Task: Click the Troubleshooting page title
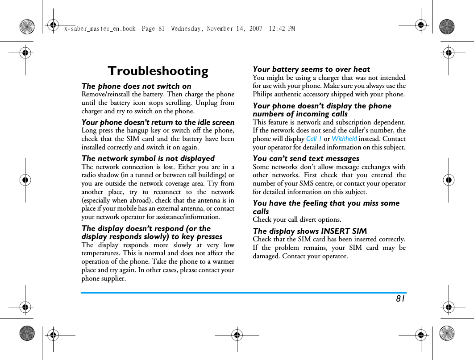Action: pos(158,71)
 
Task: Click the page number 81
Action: pos(400,298)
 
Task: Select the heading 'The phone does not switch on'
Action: pos(136,86)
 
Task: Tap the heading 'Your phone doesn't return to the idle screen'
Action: pos(158,122)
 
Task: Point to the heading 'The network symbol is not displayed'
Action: pos(148,158)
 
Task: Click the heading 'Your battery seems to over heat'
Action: pos(311,69)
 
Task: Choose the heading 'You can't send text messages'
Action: pos(306,158)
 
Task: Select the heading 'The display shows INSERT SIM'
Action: pos(310,231)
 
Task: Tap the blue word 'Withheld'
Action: pos(344,139)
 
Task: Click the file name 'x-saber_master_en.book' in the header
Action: pos(100,29)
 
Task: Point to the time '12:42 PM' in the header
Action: pos(282,29)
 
